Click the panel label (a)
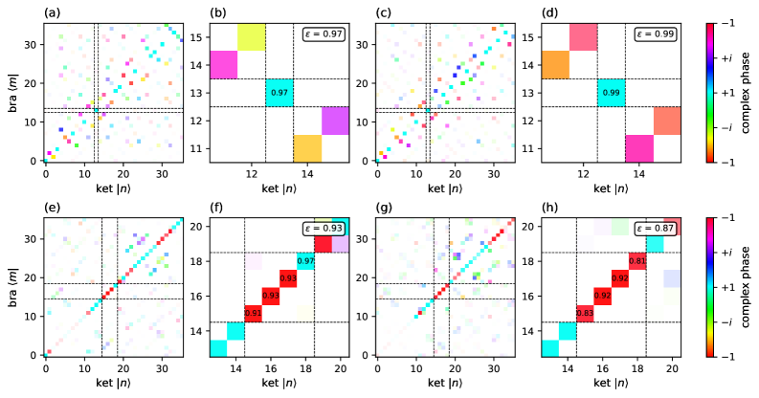pos(55,12)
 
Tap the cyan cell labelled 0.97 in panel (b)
pos(279,92)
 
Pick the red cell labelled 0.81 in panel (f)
pos(254,312)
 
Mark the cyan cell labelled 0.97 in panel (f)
pos(305,261)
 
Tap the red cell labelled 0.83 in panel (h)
pos(584,312)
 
